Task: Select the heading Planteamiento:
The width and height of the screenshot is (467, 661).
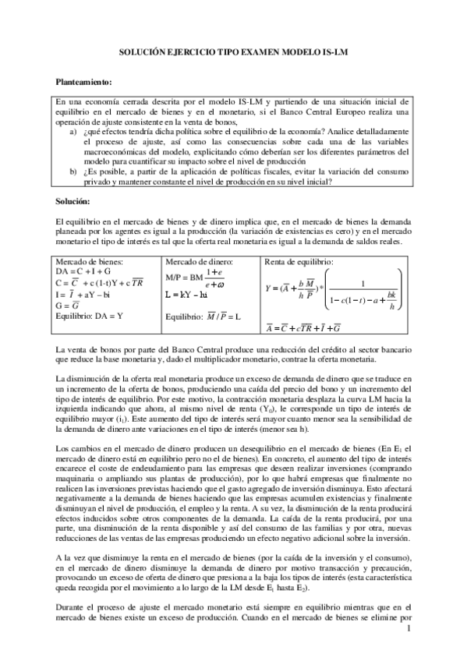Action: (87, 81)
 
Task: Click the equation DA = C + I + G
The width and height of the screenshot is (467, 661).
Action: (92, 272)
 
